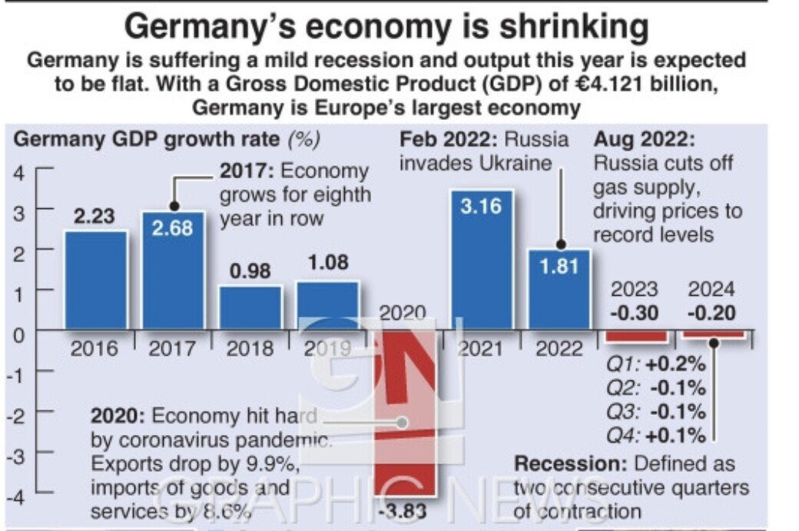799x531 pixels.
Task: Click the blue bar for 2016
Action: point(95,280)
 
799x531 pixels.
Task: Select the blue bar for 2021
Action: point(481,261)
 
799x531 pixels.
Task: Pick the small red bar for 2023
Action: point(635,336)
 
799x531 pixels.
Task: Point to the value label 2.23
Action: point(94,217)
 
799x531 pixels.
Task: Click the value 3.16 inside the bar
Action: point(481,206)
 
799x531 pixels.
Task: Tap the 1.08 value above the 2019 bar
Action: point(327,262)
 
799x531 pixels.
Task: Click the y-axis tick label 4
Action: point(18,172)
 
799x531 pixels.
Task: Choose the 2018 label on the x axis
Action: point(250,348)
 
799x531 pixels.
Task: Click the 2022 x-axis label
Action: point(559,348)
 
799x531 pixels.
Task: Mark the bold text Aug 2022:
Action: point(645,140)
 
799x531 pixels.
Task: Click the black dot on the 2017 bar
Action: point(174,207)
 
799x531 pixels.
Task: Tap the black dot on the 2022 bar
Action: point(560,245)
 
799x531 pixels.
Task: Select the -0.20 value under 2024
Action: point(711,314)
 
